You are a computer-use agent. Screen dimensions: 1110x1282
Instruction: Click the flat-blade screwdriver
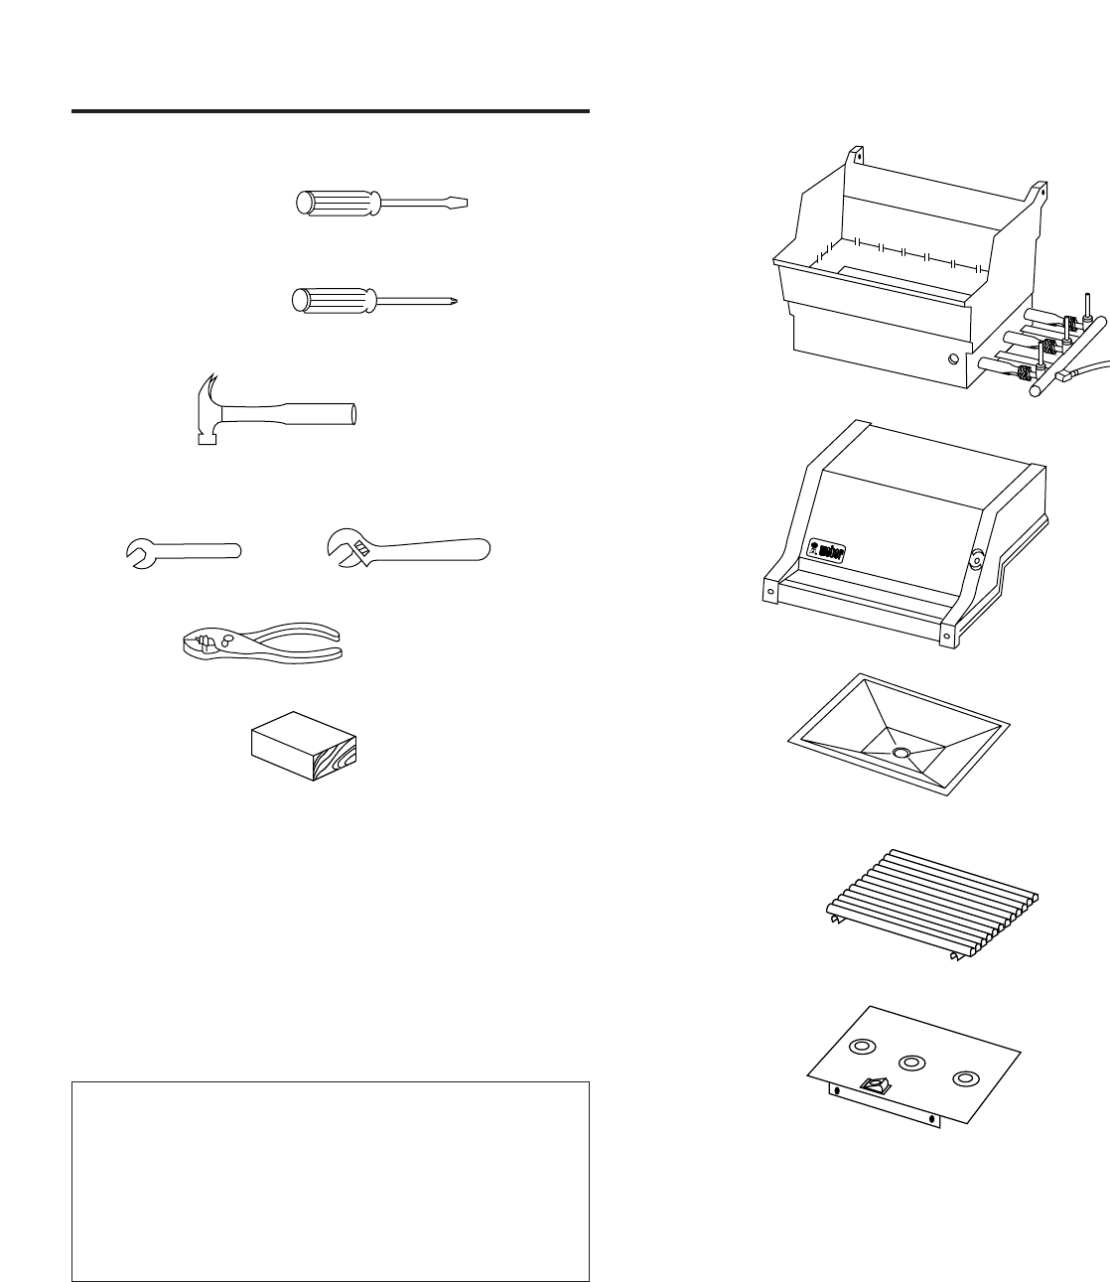click(382, 204)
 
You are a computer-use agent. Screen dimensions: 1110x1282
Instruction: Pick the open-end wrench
click(186, 551)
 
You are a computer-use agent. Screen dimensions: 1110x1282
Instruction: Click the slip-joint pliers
click(262, 642)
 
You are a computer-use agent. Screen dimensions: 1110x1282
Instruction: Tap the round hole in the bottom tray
click(901, 754)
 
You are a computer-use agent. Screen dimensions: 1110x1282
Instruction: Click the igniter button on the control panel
click(874, 1086)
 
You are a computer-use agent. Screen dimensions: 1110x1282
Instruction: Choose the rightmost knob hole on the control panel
click(963, 1078)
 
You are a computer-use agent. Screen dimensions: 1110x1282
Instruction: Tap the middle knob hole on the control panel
click(911, 1063)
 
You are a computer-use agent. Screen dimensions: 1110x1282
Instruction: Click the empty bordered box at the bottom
click(331, 1181)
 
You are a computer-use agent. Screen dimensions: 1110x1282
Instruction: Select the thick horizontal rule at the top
click(331, 111)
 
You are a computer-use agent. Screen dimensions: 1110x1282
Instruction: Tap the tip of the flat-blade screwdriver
click(462, 204)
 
